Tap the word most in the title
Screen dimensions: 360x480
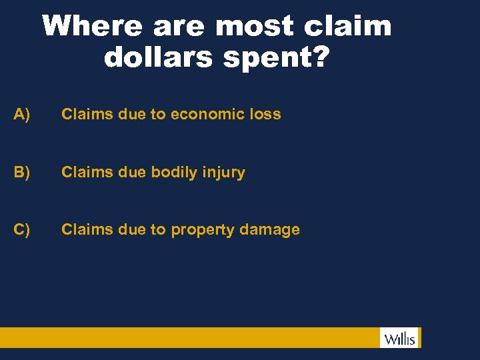point(255,27)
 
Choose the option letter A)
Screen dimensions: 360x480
point(22,114)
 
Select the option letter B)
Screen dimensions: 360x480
point(22,172)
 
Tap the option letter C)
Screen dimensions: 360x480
point(22,229)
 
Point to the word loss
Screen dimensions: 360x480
point(265,114)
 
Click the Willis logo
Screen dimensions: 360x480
point(399,338)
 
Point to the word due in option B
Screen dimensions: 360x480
point(130,172)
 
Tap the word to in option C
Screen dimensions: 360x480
point(158,229)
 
